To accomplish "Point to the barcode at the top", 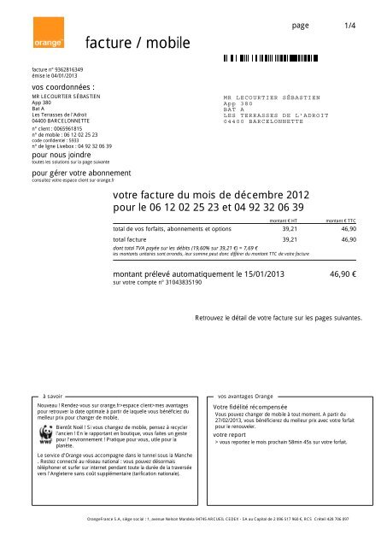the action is coord(282,60).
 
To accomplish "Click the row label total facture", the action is coord(136,241).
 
